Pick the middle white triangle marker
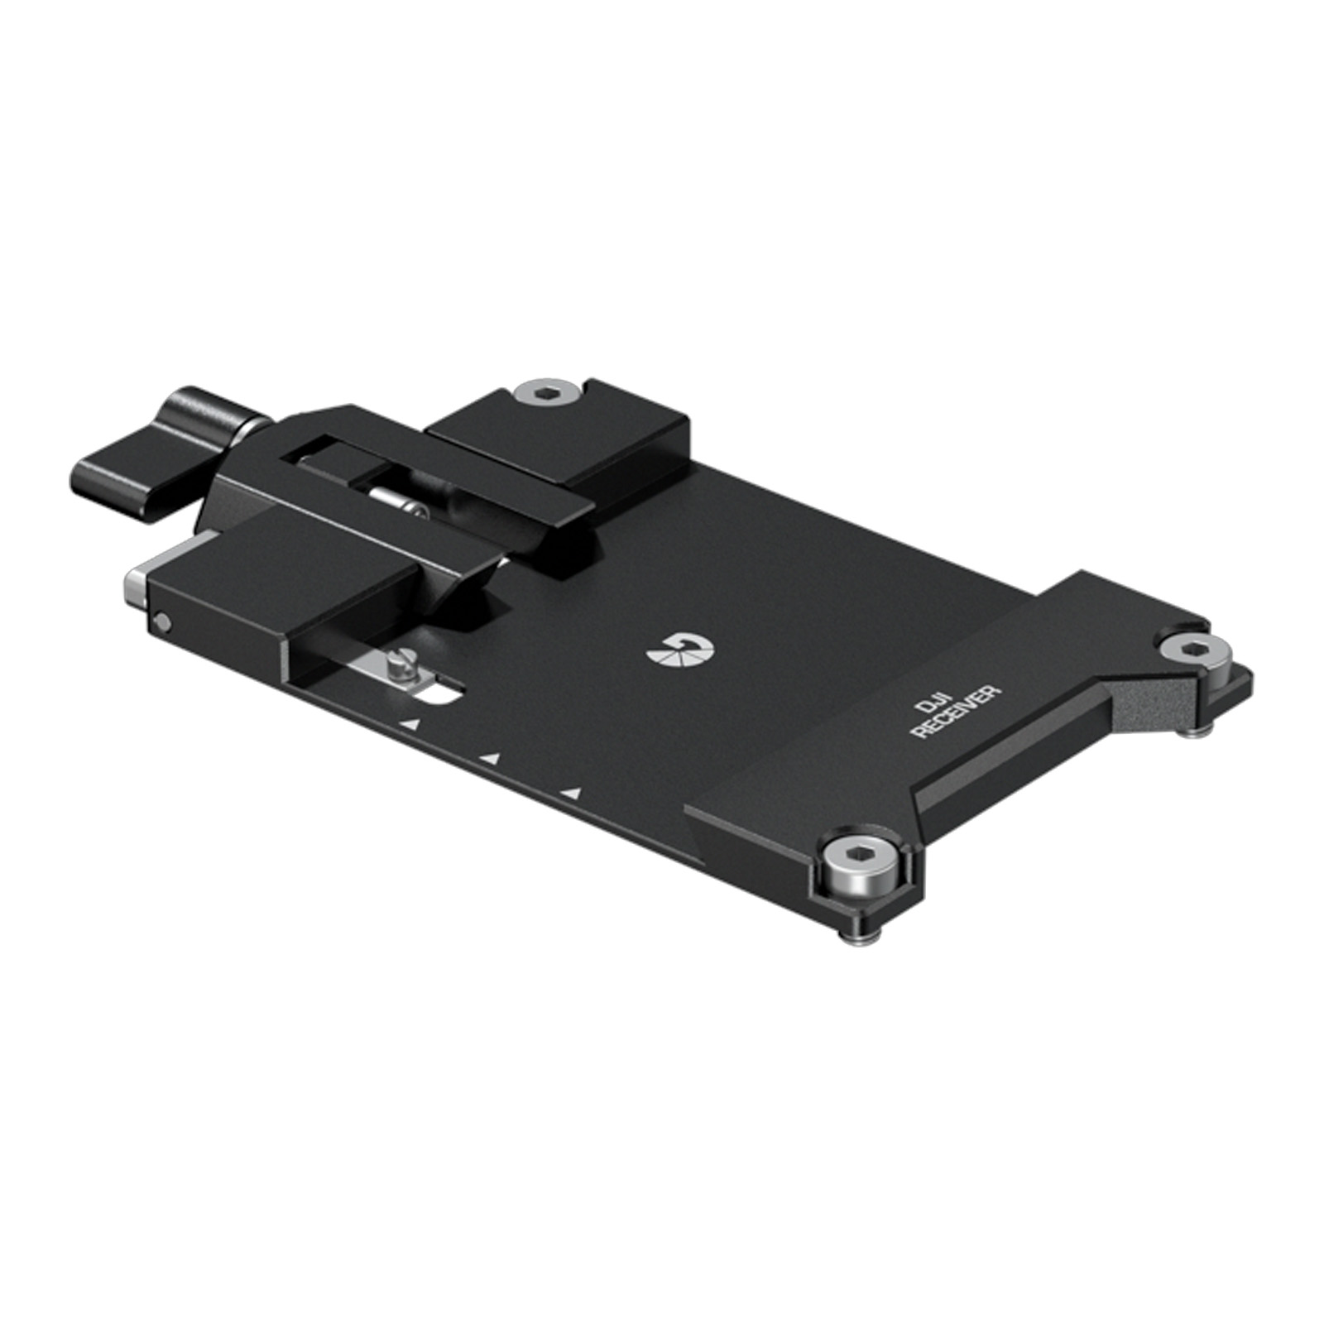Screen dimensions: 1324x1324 click(x=492, y=758)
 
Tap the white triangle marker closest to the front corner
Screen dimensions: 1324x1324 click(x=570, y=794)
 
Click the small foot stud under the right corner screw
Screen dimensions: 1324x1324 click(x=1198, y=729)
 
